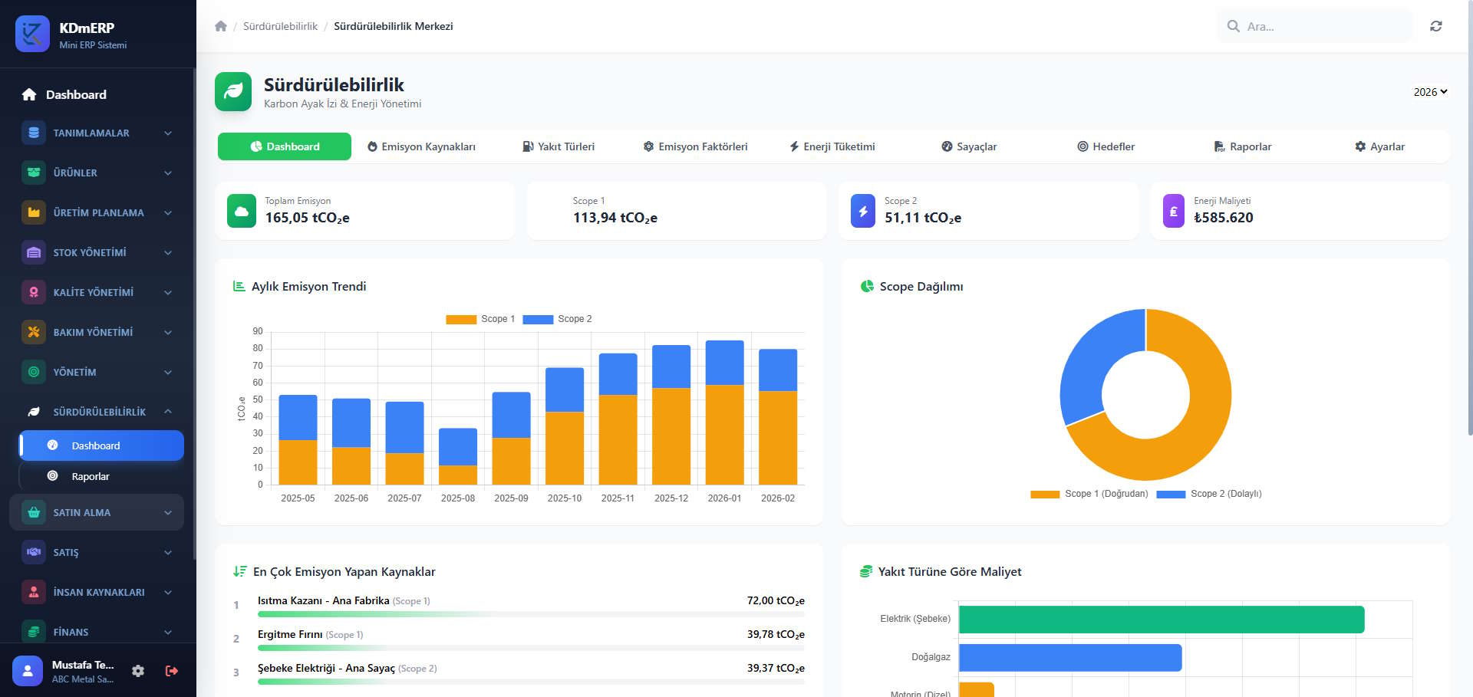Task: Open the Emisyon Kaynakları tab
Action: tap(421, 146)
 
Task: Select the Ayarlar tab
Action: tap(1379, 146)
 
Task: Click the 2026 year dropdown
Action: tap(1430, 92)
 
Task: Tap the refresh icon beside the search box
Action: tap(1435, 26)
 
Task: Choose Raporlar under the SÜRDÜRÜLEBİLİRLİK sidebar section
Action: tap(91, 476)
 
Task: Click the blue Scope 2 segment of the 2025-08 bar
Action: tap(458, 446)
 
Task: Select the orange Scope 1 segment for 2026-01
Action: tap(724, 434)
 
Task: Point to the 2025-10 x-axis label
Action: tap(565, 498)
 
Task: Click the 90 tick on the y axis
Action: tap(258, 331)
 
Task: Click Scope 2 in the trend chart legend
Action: tap(558, 319)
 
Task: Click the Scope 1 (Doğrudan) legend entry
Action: tap(1089, 494)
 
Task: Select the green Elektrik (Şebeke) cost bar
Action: tap(1161, 620)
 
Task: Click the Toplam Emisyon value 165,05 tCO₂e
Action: tap(307, 218)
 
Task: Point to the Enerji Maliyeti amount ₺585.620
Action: tap(1223, 218)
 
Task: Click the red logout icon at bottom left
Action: tap(172, 671)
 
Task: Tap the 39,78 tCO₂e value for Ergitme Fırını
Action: tap(775, 634)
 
